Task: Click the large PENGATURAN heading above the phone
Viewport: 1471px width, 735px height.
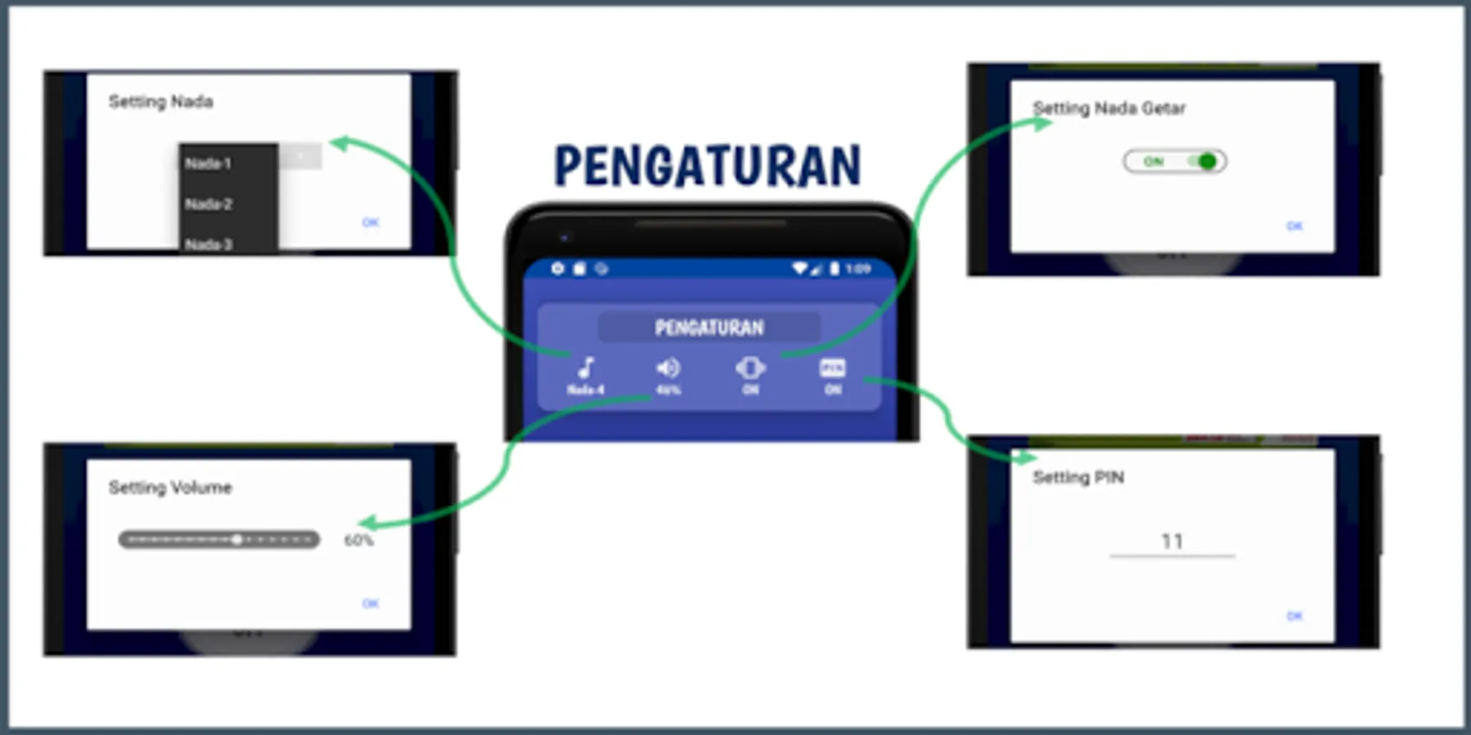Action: click(x=708, y=166)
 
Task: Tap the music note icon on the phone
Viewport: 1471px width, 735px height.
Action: click(x=586, y=368)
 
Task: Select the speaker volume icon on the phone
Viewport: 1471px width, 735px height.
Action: click(x=668, y=368)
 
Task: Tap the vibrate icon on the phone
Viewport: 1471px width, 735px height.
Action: click(x=750, y=368)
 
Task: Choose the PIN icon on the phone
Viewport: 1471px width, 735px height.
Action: click(x=832, y=368)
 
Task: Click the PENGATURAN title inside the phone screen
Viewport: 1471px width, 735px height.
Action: click(x=709, y=327)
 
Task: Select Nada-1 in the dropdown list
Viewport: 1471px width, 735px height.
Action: click(x=208, y=163)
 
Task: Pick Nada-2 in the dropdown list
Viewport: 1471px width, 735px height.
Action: click(x=208, y=203)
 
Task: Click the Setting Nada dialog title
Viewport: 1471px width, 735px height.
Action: click(x=161, y=101)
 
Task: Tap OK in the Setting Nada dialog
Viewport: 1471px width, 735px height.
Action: click(x=370, y=222)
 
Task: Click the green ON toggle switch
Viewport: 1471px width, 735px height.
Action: click(x=1175, y=162)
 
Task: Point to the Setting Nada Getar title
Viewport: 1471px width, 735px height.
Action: click(x=1109, y=108)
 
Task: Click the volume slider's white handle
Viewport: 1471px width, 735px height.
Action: click(x=236, y=540)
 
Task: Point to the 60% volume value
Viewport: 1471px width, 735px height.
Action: click(x=359, y=540)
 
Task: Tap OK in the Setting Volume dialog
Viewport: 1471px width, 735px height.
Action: click(x=370, y=604)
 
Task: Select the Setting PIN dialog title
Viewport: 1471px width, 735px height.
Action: click(x=1078, y=477)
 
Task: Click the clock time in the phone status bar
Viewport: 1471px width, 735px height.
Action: click(x=858, y=269)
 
